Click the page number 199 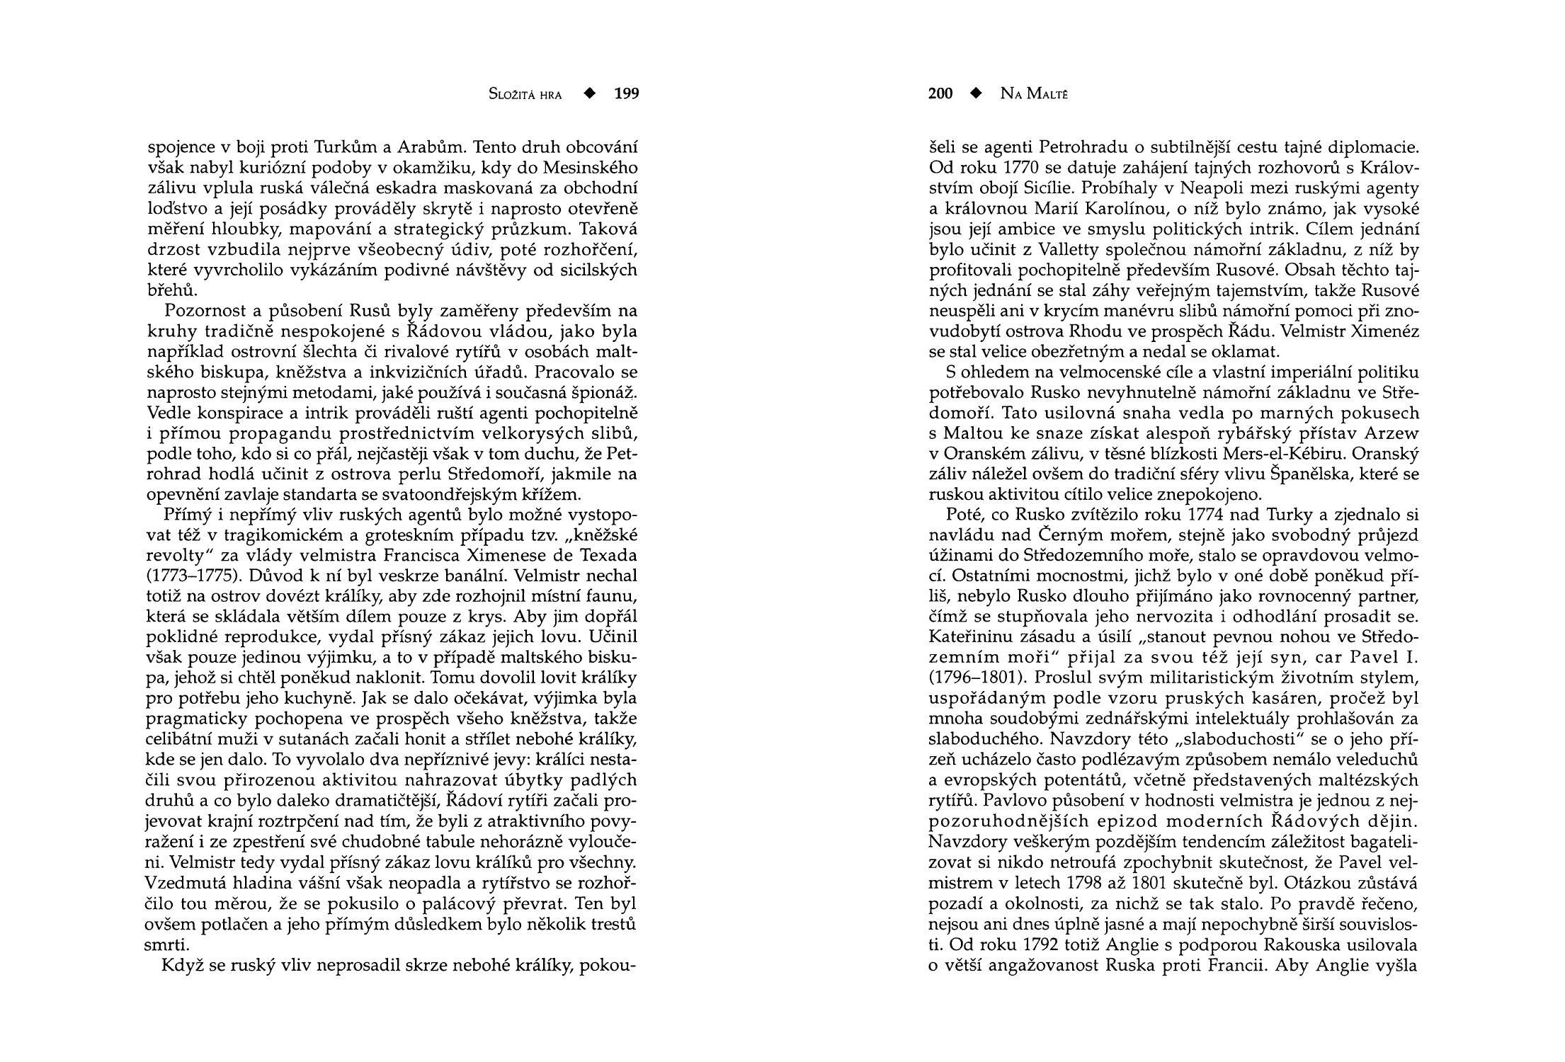pos(626,93)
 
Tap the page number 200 pos(940,93)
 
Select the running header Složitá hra pos(525,94)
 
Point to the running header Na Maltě pos(1034,94)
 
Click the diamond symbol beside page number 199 pos(588,93)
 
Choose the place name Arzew pos(1392,433)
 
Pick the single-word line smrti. pos(164,945)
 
